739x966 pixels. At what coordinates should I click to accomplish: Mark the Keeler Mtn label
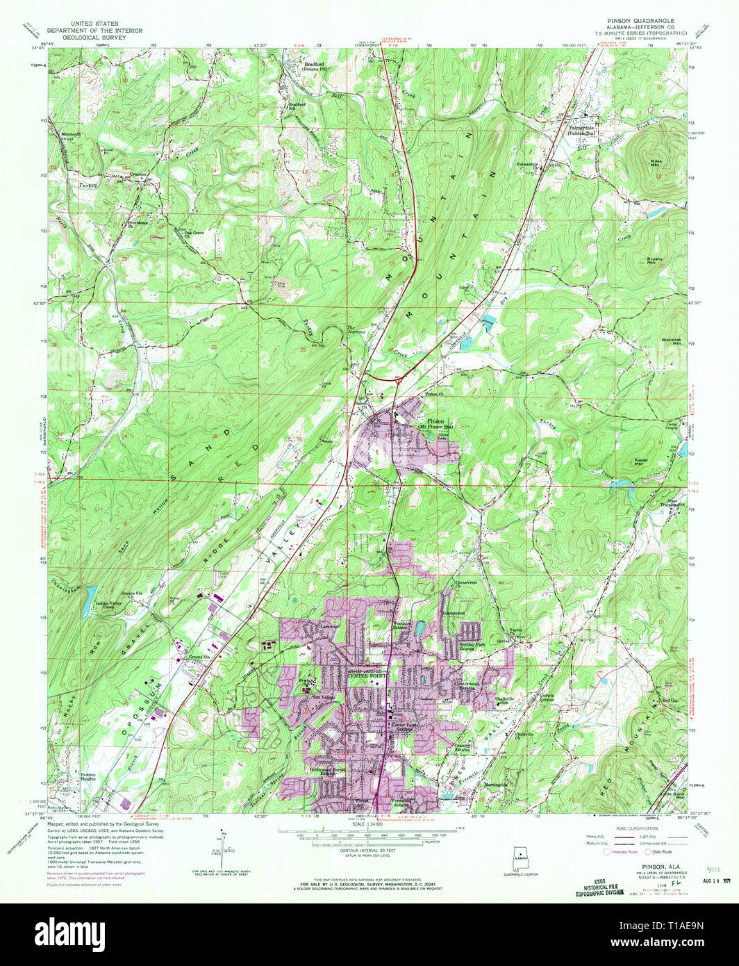click(x=642, y=461)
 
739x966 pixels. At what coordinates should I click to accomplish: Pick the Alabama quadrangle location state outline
click(x=517, y=856)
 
